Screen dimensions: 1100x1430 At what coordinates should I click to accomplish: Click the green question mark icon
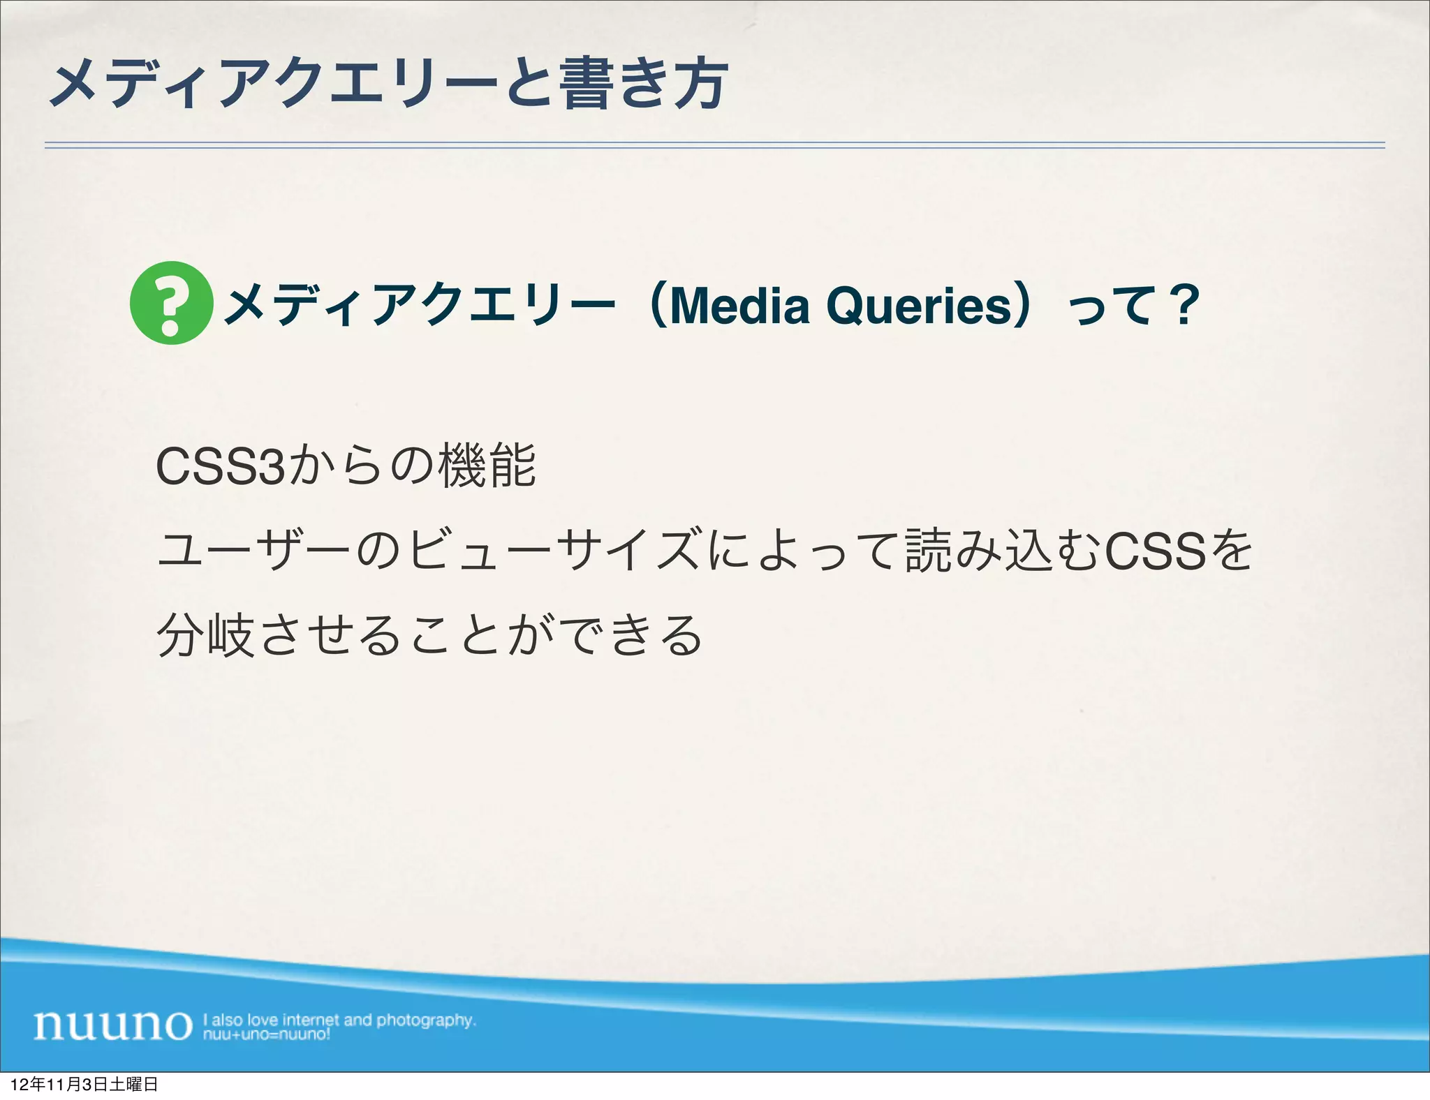tap(171, 302)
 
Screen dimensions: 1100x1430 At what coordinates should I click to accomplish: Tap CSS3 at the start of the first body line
tap(220, 467)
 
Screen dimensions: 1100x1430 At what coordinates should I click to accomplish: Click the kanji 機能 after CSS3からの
tap(487, 466)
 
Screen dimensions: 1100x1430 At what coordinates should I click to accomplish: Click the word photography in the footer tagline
tap(426, 1020)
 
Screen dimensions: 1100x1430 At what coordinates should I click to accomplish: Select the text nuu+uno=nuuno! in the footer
tap(266, 1034)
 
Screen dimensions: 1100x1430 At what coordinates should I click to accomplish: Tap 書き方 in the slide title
tap(644, 84)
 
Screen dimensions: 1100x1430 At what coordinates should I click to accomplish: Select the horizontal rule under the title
tap(714, 145)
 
